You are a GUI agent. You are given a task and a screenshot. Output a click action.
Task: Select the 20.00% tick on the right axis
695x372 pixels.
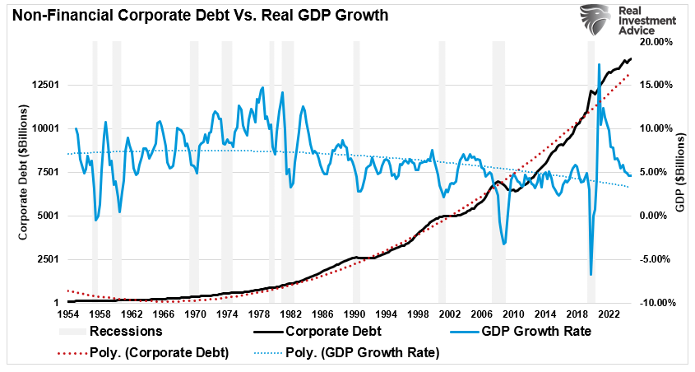(655, 41)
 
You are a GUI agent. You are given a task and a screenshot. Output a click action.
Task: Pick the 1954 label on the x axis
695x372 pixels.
(68, 314)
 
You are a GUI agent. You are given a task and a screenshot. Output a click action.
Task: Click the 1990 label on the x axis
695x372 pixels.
(354, 314)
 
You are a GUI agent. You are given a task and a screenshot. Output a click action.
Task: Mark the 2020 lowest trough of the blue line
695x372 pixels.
(591, 275)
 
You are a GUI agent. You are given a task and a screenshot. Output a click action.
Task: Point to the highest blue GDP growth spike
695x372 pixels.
(598, 64)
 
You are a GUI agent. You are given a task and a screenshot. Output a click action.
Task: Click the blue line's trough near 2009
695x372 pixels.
(503, 244)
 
